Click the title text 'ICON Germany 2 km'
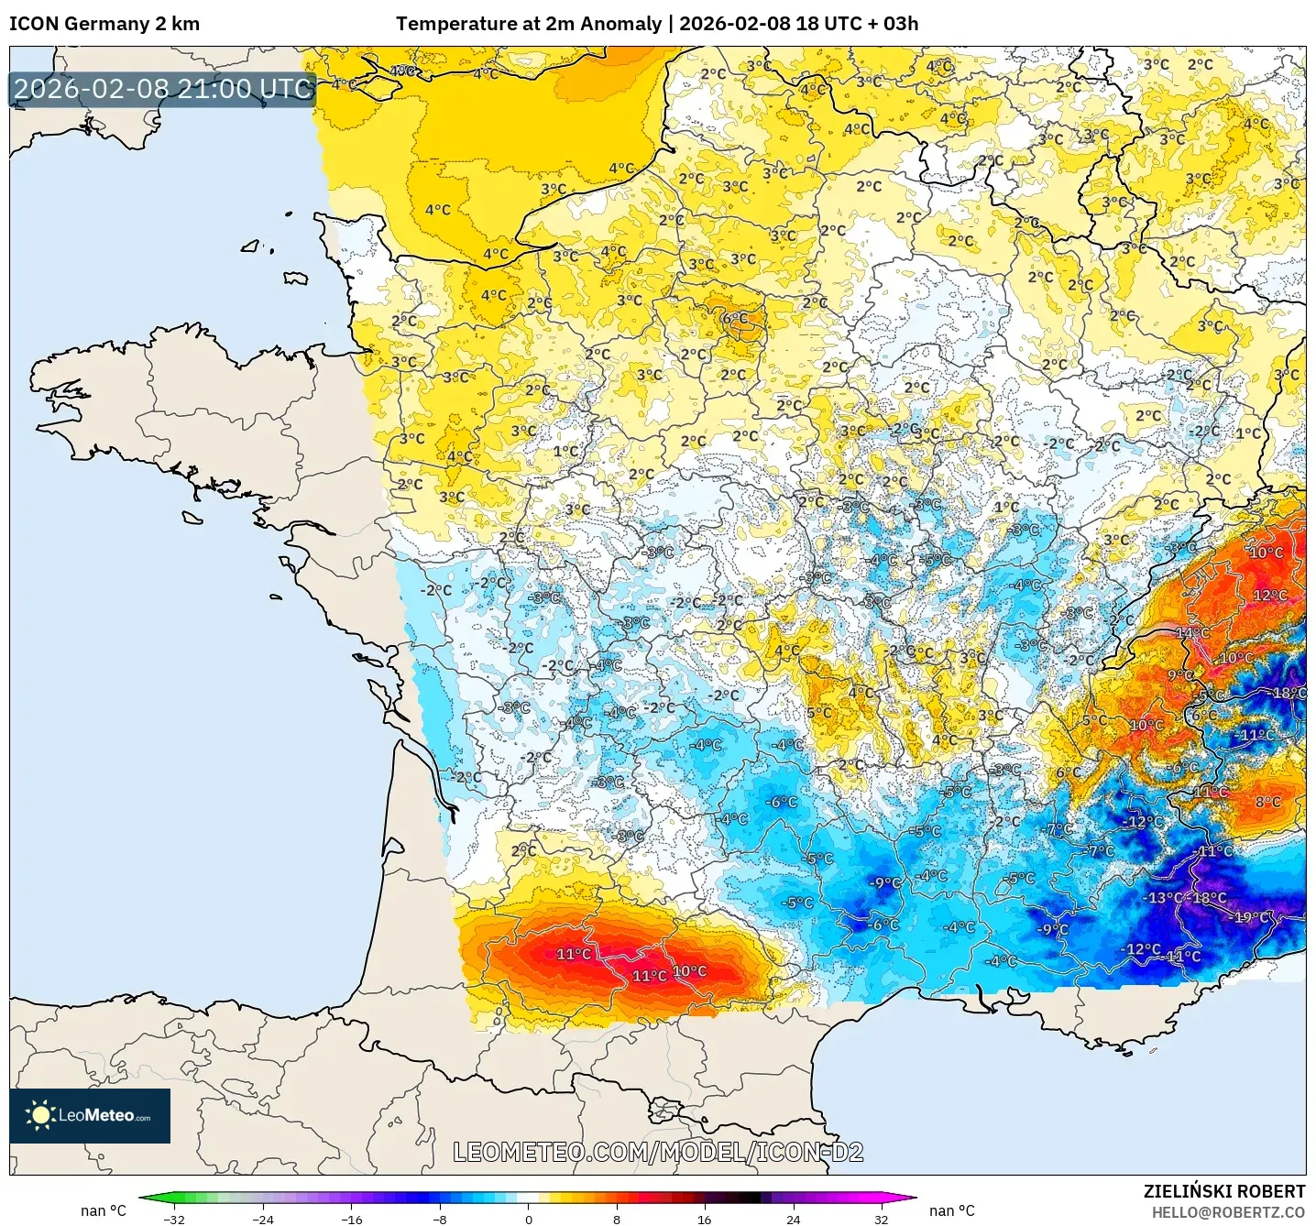tap(104, 24)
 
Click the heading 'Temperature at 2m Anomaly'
tap(529, 24)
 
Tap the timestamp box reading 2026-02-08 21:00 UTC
tap(163, 89)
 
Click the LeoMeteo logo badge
tap(90, 1115)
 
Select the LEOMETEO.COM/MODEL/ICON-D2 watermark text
tap(658, 1152)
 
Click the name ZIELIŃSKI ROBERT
tap(1223, 1191)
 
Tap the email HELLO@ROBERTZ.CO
tap(1228, 1212)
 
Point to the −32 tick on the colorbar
tap(173, 1219)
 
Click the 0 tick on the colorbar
tap(528, 1219)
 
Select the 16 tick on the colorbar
tap(704, 1219)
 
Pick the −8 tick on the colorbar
tap(440, 1219)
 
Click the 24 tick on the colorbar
tap(793, 1219)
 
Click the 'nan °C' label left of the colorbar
tap(103, 1211)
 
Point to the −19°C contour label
tap(1252, 917)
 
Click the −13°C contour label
tap(1165, 898)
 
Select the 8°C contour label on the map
tap(1268, 802)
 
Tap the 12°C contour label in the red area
tap(1270, 596)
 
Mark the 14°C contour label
tap(1192, 633)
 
